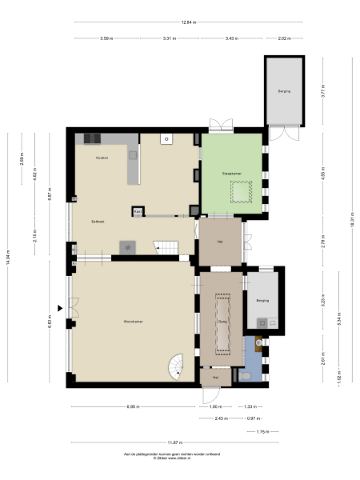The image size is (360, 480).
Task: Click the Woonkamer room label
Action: [132, 322]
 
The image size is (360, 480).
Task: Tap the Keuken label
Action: [102, 158]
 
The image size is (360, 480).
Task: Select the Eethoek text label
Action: [98, 222]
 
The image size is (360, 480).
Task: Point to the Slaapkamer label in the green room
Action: [232, 173]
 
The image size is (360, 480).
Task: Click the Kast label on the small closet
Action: [138, 212]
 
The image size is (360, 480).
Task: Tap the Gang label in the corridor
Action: [224, 322]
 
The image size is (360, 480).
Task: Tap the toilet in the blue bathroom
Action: [245, 374]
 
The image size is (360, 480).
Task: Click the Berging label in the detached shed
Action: [284, 91]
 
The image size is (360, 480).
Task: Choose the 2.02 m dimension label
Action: [283, 38]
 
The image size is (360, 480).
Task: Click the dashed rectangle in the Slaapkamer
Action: [241, 191]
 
